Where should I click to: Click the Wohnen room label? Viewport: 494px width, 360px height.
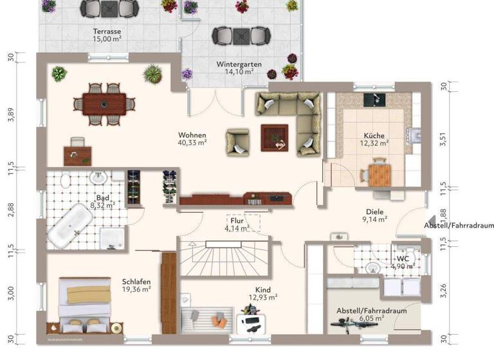192,135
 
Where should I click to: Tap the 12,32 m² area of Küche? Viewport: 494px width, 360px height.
374,144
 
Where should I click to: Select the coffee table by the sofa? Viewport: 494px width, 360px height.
274,137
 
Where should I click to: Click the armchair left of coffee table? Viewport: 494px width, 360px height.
237,141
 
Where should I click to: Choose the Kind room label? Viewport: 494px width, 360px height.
262,289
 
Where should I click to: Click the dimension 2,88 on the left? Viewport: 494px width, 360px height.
11,213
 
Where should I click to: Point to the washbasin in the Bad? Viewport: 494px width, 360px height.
98,177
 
